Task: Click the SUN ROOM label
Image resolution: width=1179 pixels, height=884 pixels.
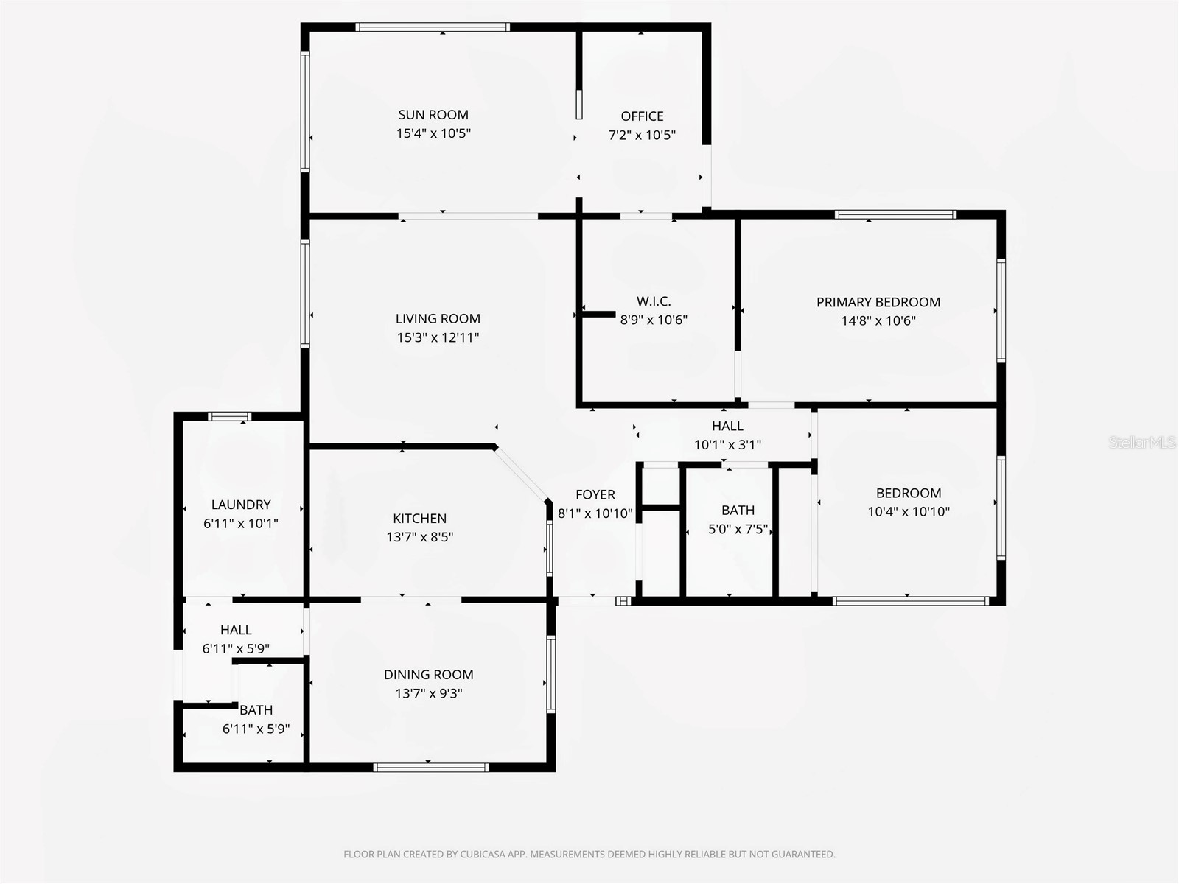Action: click(x=433, y=115)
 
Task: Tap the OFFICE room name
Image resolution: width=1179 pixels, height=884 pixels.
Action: click(x=642, y=116)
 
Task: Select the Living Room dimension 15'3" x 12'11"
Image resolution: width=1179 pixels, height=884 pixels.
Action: click(x=438, y=337)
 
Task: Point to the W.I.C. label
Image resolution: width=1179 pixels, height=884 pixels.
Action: click(x=654, y=301)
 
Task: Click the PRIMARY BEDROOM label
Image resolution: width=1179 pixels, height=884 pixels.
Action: click(x=878, y=302)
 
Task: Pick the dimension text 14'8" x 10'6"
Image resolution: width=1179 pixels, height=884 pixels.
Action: click(x=878, y=320)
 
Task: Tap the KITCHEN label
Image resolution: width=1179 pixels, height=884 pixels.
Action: click(x=419, y=519)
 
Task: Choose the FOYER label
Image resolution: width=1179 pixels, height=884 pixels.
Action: click(x=595, y=495)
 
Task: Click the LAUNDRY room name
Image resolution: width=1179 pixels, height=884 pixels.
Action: click(x=241, y=505)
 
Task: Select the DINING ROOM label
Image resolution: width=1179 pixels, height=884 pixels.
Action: click(x=428, y=675)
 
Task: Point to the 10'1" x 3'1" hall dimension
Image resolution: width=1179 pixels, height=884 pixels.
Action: click(x=727, y=445)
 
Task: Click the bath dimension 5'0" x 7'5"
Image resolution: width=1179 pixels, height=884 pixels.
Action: click(x=738, y=529)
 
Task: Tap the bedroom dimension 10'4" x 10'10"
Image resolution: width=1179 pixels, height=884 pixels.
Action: click(x=909, y=511)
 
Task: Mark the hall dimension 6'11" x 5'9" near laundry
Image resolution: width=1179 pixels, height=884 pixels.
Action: click(x=236, y=649)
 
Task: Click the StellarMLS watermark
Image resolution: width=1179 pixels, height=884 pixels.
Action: click(x=1143, y=443)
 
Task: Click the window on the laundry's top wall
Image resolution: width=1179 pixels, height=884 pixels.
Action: click(x=230, y=416)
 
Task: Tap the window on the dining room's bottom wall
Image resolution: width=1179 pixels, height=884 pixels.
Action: click(x=431, y=768)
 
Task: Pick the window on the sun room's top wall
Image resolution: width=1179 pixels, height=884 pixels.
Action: click(x=432, y=27)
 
